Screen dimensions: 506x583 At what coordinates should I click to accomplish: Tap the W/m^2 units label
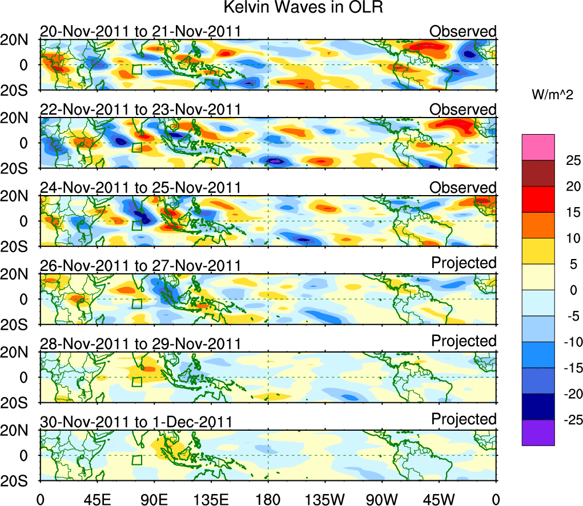[x=553, y=95]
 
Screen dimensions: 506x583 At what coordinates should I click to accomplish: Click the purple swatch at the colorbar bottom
[x=538, y=432]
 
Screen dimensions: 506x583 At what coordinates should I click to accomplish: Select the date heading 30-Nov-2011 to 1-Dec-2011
[x=136, y=422]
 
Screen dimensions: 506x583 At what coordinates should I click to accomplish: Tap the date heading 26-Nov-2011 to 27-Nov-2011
[x=140, y=266]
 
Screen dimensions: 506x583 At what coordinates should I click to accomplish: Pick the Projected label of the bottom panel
[x=464, y=419]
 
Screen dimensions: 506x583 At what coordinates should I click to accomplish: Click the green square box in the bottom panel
[x=137, y=460]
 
